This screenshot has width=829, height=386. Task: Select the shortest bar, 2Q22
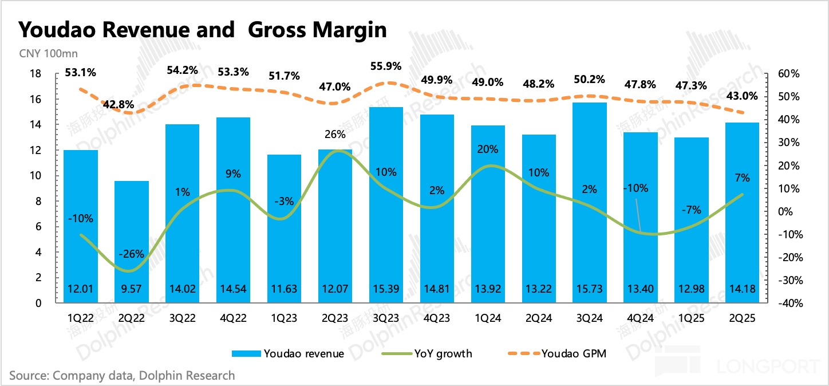pyautogui.click(x=132, y=241)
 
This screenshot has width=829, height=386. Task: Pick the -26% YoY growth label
pyautogui.click(x=132, y=254)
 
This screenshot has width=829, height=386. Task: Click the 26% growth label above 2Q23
pyautogui.click(x=335, y=135)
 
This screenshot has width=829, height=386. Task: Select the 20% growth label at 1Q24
pyautogui.click(x=488, y=149)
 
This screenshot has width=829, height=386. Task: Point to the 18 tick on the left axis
pyautogui.click(x=35, y=74)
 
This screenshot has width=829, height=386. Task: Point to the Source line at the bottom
pyautogui.click(x=122, y=376)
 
